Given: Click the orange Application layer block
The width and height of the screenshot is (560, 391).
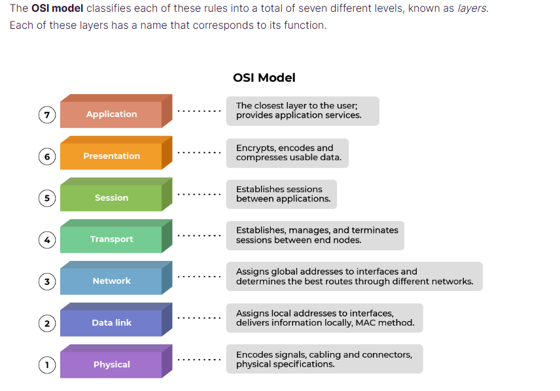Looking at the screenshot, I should (x=112, y=114).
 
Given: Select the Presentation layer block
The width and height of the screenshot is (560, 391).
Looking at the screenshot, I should (x=112, y=156).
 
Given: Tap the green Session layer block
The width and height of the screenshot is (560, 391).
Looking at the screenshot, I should (x=112, y=197).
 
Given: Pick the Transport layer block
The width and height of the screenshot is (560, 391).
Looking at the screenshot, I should (x=112, y=239).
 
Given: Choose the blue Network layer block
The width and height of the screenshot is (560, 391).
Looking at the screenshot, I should (x=112, y=281).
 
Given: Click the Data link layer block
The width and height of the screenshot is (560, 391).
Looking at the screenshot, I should (x=112, y=322).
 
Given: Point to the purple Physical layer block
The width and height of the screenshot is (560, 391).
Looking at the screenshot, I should (x=112, y=364).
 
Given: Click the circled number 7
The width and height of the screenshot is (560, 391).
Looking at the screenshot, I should (x=46, y=115).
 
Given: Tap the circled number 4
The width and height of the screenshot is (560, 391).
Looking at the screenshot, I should (x=46, y=240).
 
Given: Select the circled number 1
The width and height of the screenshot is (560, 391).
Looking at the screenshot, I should (x=46, y=365).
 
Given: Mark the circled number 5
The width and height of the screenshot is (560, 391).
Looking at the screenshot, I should (x=46, y=198).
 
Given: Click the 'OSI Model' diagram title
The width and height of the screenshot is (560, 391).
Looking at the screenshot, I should (x=264, y=78).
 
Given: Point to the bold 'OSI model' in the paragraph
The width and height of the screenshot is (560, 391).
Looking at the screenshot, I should (x=58, y=9).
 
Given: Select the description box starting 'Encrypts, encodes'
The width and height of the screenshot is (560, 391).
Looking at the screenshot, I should (x=287, y=152).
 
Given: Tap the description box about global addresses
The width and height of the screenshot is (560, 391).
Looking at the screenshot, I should (x=354, y=277).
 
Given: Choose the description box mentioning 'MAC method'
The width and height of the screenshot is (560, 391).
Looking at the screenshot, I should (x=324, y=318).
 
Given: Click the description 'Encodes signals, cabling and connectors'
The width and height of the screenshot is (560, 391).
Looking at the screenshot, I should (x=324, y=359).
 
